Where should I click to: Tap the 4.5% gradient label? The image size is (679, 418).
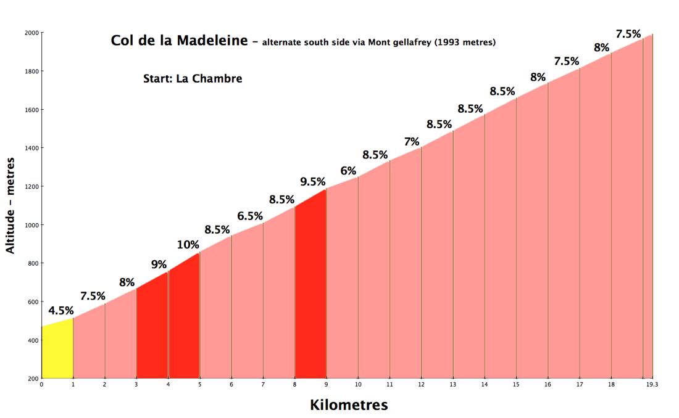point(61,311)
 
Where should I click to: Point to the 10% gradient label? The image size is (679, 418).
point(188,245)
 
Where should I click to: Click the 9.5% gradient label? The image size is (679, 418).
point(313,182)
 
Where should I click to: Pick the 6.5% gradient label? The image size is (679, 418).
point(250,216)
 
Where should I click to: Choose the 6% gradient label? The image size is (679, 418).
point(348,171)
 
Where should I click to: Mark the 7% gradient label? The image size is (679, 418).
point(412,142)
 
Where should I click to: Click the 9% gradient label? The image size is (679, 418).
point(159,264)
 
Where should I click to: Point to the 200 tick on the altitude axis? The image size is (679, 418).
point(33,379)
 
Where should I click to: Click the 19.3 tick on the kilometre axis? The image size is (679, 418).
point(652,385)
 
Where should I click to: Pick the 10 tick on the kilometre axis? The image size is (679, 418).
point(358,385)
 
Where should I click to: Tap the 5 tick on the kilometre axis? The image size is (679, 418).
point(199,385)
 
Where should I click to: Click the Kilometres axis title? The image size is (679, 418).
point(349,405)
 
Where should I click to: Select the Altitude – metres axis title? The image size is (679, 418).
point(10,205)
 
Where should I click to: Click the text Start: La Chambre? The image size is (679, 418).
point(193,79)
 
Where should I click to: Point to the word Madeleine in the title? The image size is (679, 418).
point(212,40)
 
